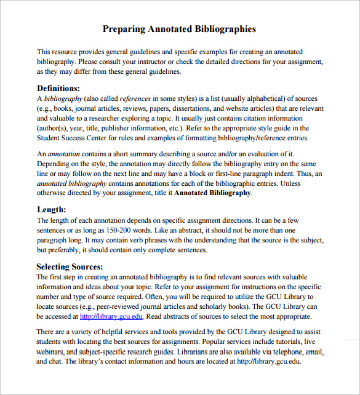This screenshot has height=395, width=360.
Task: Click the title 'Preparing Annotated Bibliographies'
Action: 179,29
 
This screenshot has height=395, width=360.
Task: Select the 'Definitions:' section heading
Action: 58,88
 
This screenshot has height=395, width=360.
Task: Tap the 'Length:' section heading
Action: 51,210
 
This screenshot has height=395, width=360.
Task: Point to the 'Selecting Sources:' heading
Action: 70,267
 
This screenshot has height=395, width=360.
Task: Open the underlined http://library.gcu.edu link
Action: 111,316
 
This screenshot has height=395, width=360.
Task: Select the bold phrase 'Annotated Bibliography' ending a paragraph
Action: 213,193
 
